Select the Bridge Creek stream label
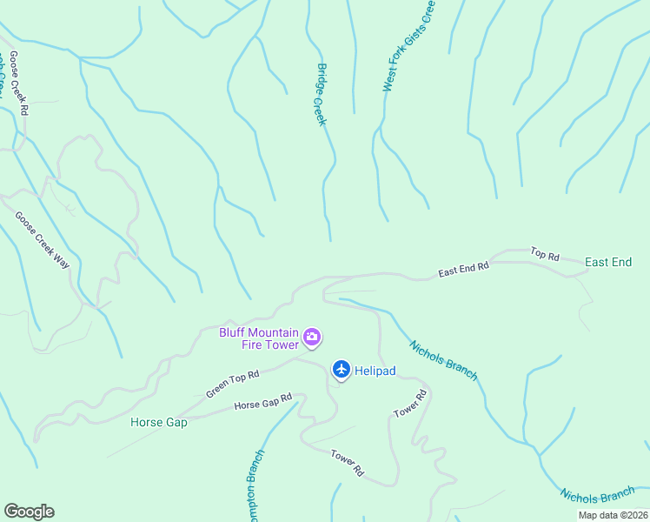point(321,94)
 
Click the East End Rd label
point(463,270)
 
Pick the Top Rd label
point(545,254)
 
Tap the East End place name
point(608,262)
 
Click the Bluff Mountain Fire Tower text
point(259,338)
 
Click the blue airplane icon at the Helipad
point(341,371)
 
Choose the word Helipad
point(375,371)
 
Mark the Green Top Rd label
point(232,385)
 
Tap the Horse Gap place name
point(159,423)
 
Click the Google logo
point(29,512)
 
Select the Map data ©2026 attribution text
point(612,515)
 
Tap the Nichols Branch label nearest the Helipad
point(443,359)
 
